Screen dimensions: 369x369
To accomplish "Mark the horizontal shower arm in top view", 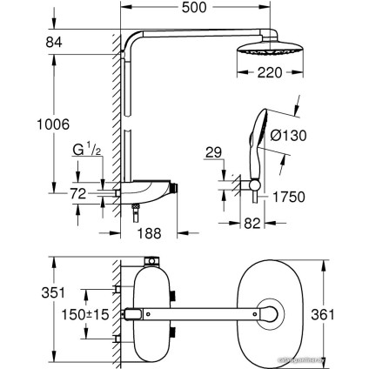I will (x=200, y=312).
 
